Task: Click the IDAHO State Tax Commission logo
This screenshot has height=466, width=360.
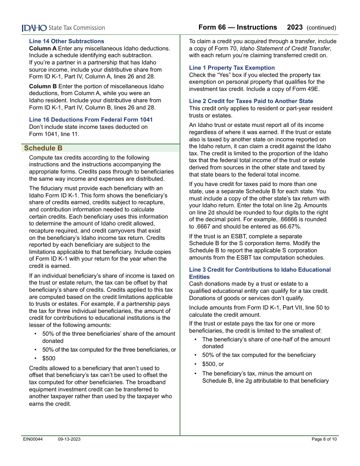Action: coord(63,28)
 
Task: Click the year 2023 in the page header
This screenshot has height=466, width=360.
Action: coord(295,27)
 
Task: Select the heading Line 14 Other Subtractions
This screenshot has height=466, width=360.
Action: coord(66,41)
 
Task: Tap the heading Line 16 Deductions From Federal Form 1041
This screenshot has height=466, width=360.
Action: coord(91,120)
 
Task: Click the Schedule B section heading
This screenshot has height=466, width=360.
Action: coord(43,148)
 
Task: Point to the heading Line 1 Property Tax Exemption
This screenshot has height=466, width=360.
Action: coord(232,68)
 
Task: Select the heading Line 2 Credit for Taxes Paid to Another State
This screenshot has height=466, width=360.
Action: coord(251,101)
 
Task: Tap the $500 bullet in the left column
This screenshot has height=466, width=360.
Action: coord(49,358)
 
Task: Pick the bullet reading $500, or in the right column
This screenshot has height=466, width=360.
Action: coord(213,364)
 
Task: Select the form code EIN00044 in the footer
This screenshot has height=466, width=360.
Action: coord(33,439)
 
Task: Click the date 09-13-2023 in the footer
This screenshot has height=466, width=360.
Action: coord(69,439)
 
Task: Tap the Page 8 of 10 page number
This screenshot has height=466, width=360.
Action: coord(324,439)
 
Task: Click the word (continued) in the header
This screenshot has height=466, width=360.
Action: coord(321,28)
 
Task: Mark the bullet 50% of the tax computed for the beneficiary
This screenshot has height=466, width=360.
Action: coord(259,355)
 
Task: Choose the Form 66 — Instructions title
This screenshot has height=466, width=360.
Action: coord(238,27)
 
